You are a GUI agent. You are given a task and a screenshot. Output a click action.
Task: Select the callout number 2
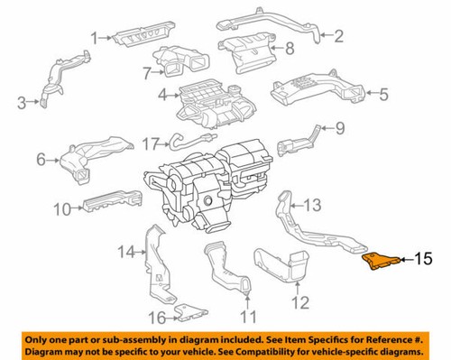point(339,37)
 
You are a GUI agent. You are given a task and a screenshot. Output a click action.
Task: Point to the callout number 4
point(162,93)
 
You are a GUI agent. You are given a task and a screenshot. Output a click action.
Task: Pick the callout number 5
point(382,92)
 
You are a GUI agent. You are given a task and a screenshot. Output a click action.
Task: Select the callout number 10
point(61,209)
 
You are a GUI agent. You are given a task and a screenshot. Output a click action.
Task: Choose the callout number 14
point(126,251)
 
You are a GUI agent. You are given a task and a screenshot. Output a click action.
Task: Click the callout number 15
point(422,262)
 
